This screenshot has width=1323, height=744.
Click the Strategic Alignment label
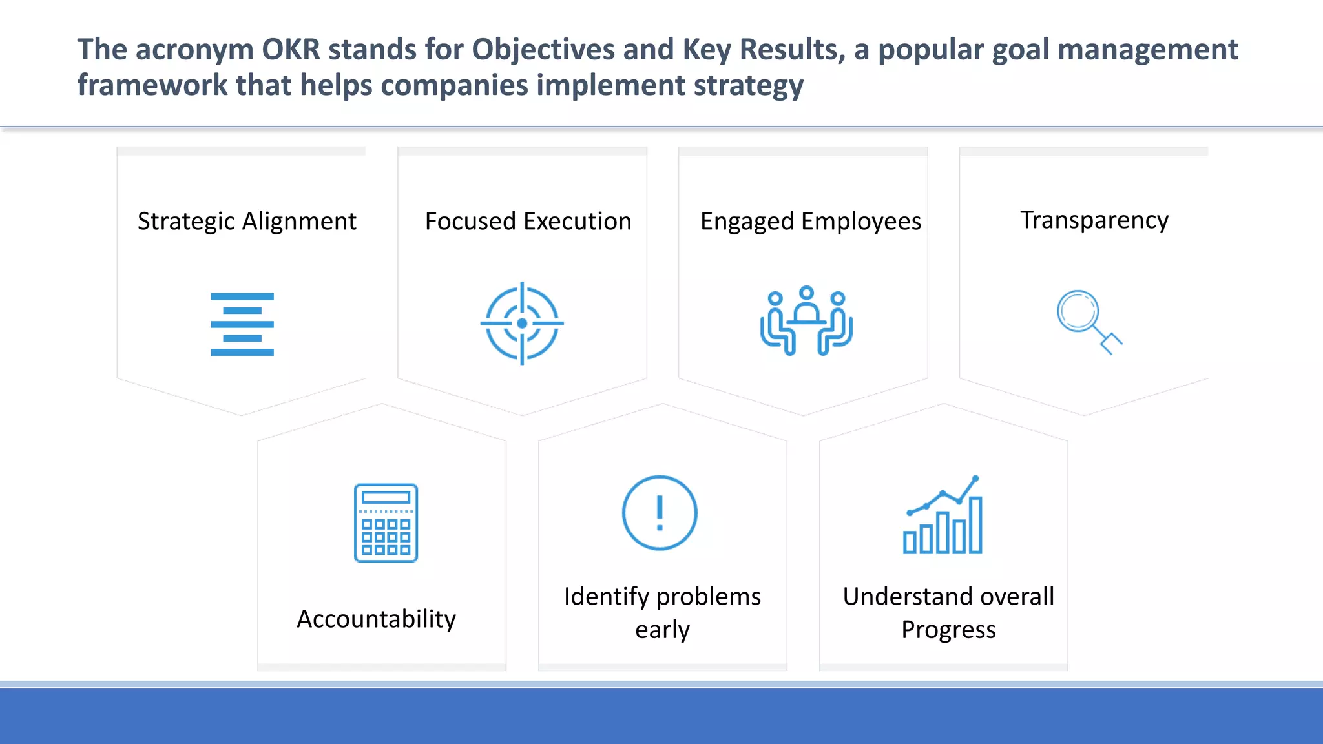coord(247,222)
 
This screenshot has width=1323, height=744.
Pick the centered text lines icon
coord(242,324)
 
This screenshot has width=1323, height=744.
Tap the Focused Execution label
coord(528,222)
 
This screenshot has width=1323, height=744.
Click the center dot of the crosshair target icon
coord(522,324)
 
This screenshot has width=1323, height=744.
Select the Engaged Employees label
coord(810,222)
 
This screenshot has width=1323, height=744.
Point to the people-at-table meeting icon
coord(806,321)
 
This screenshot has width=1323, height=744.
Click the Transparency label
coord(1094,220)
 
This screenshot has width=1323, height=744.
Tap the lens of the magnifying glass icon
coord(1078,311)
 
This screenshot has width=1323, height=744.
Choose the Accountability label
coord(376,619)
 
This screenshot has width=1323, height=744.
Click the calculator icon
coord(386,522)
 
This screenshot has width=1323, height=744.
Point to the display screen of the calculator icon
coord(386,497)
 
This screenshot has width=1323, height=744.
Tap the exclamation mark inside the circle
coord(660,513)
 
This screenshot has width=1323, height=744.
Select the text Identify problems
coord(662,596)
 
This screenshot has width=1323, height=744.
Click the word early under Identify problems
coord(662,630)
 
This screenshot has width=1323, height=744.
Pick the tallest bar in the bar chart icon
coord(975,524)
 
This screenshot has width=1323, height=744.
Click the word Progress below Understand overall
coord(948,630)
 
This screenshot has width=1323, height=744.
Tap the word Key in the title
coord(706,50)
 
